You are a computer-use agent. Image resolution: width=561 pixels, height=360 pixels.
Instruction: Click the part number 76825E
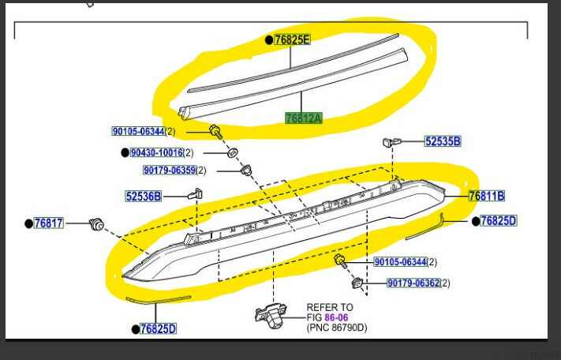(x=292, y=39)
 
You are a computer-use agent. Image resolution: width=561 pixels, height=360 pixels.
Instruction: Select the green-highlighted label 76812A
(x=304, y=118)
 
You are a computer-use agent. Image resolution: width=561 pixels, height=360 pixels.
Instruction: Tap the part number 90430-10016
(x=157, y=153)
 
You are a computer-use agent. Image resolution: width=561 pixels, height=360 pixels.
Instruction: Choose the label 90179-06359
(x=170, y=170)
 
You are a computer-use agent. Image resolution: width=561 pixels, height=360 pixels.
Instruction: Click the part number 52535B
(x=443, y=141)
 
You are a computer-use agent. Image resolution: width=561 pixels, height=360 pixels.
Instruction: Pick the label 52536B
(x=144, y=196)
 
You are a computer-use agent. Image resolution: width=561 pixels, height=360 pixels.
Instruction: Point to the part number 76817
(x=49, y=223)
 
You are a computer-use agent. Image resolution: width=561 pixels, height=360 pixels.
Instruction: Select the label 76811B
(x=487, y=196)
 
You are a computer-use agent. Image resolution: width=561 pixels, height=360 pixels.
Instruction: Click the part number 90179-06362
(x=413, y=283)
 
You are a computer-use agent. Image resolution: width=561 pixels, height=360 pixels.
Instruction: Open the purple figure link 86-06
(x=336, y=317)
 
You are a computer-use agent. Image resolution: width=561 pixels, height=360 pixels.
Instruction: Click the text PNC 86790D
(x=337, y=328)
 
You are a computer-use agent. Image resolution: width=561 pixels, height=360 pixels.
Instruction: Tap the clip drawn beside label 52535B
(x=392, y=142)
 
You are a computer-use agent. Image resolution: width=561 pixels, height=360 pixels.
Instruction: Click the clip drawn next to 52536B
(x=196, y=194)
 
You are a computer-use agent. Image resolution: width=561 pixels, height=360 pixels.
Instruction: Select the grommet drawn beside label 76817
(x=96, y=224)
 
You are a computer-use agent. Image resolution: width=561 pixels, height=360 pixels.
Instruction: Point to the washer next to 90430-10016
(x=233, y=152)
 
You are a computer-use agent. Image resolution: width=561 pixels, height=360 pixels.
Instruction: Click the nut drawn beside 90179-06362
(x=357, y=283)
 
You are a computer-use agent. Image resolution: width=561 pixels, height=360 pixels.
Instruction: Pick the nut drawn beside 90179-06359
(x=246, y=170)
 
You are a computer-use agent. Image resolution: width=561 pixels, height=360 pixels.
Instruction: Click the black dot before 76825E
(x=269, y=40)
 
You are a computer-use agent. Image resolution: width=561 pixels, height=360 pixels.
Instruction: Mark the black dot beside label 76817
(x=29, y=223)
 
